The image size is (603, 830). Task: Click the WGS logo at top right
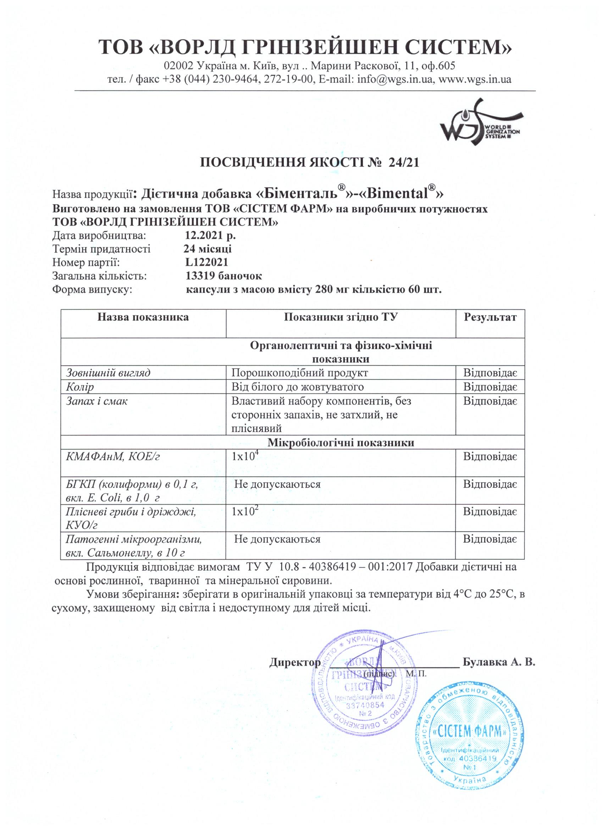click(479, 124)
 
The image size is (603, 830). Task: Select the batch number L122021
click(207, 262)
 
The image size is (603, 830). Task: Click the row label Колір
click(80, 387)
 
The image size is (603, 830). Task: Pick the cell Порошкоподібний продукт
click(300, 373)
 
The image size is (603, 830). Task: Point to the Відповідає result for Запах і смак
click(490, 401)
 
